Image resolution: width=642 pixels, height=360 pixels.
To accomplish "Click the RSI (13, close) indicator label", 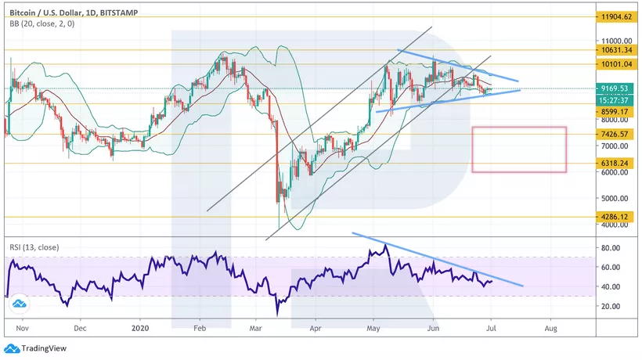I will tap(35, 248).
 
